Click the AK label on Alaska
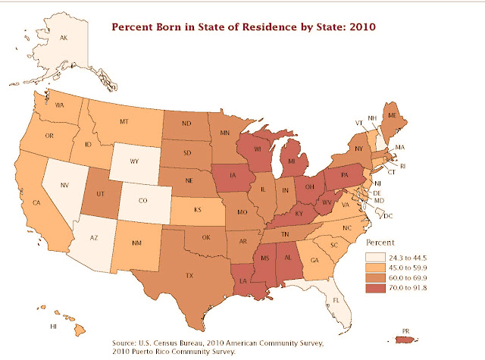pos(64,38)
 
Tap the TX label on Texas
pos(189,276)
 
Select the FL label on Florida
pos(336,300)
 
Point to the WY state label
pos(134,161)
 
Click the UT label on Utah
pos(100,194)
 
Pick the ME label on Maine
pos(393,115)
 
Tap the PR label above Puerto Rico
pos(405,331)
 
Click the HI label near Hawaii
pos(53,327)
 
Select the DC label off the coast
pos(388,216)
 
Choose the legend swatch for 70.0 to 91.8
pos(376,288)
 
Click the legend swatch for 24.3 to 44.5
pos(376,258)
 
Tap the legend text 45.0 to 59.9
pos(408,268)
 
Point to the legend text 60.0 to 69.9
pos(408,278)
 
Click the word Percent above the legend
pos(380,243)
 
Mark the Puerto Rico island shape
pos(407,340)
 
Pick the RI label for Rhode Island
pos(402,167)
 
